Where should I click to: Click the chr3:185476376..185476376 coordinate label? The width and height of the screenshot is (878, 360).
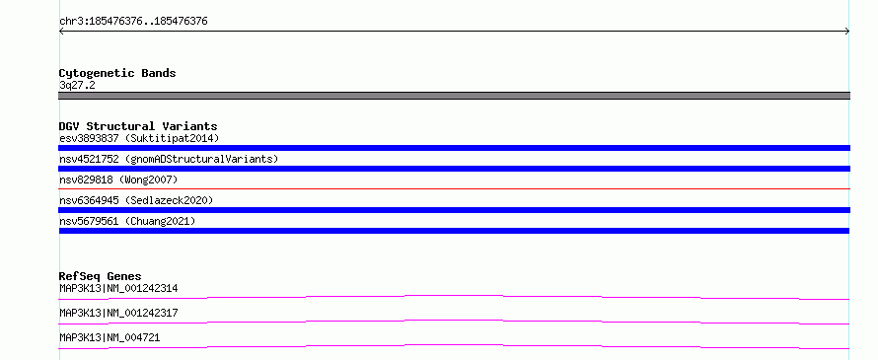point(133,22)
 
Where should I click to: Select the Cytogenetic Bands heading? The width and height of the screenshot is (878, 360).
point(117,73)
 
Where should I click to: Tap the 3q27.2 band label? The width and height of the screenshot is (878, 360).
point(77,85)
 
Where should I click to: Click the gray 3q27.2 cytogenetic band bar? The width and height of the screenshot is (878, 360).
point(454,96)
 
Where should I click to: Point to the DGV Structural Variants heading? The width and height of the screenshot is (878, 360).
point(138,126)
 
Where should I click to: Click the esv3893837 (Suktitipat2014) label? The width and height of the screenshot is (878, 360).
point(139,138)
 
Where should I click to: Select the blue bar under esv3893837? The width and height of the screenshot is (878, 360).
point(454,148)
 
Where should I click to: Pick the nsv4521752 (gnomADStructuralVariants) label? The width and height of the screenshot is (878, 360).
point(169,159)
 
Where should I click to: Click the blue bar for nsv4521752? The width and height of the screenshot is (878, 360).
point(454,169)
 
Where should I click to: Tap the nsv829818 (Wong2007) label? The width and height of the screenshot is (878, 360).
point(118,180)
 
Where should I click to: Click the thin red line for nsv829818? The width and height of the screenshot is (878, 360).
point(454,188)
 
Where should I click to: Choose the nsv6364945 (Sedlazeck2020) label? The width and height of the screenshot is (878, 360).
point(136,200)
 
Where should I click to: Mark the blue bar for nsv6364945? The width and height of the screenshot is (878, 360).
point(454,210)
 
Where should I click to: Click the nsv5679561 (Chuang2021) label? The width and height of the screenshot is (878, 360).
point(127,221)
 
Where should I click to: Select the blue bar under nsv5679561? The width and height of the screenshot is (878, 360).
point(454,231)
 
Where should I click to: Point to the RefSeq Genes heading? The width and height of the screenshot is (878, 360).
point(101,276)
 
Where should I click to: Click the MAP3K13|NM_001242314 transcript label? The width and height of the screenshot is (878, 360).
point(118,288)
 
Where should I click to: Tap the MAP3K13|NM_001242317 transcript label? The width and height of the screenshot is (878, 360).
point(118,313)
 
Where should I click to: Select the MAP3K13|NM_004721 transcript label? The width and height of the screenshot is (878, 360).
point(110,337)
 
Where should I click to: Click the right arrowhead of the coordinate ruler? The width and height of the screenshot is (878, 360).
point(847,32)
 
